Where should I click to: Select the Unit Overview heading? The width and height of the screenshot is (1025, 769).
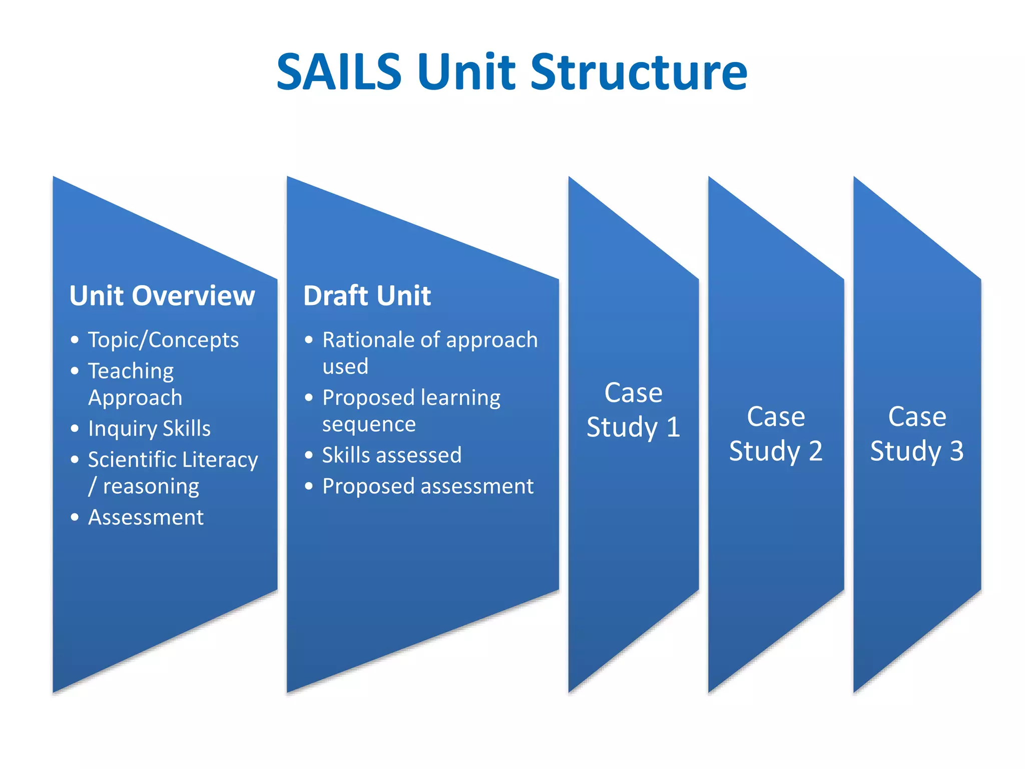[x=162, y=295]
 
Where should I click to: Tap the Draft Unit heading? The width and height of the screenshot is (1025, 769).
[x=367, y=295]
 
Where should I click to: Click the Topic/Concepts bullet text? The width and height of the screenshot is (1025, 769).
[x=163, y=340]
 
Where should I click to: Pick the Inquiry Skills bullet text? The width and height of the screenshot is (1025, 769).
[x=149, y=429]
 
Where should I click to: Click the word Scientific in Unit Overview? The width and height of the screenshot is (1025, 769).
[x=132, y=460]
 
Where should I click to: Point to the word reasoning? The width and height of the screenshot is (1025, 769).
[x=151, y=487]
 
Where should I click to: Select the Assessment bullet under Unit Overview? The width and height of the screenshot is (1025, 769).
[x=146, y=517]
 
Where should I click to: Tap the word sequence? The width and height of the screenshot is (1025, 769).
[x=369, y=425]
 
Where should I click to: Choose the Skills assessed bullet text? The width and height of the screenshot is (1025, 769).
[x=391, y=455]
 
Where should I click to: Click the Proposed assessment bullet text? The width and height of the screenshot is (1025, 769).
[x=428, y=487]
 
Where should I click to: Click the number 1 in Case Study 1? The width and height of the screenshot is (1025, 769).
[x=673, y=428]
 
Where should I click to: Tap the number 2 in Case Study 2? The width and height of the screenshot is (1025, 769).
[x=815, y=451]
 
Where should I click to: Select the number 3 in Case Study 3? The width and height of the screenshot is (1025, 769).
[x=956, y=451]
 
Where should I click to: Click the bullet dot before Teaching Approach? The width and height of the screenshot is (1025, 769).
[x=75, y=371]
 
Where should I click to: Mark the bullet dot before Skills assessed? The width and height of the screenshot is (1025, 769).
[x=309, y=455]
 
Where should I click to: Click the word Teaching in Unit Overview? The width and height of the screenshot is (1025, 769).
[x=131, y=371]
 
